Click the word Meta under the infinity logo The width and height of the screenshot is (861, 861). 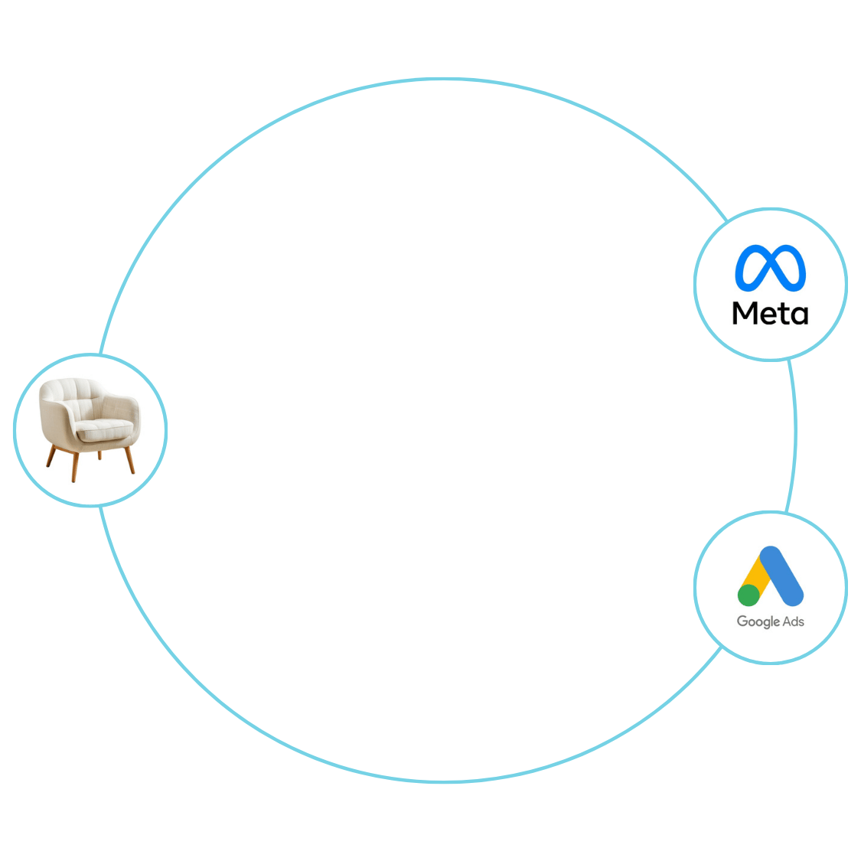(x=770, y=313)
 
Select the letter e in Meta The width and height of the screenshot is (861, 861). (x=767, y=316)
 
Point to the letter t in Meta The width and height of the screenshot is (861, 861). (x=782, y=314)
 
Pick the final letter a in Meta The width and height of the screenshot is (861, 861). (x=799, y=316)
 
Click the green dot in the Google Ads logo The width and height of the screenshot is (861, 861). (x=748, y=595)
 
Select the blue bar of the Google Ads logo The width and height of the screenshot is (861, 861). (x=781, y=576)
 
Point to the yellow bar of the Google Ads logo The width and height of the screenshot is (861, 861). (x=756, y=576)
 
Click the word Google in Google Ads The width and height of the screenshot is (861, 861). (x=758, y=621)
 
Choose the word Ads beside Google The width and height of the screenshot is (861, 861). (x=794, y=621)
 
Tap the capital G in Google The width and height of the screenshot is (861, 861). (x=742, y=621)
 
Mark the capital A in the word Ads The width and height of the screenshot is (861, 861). (x=787, y=621)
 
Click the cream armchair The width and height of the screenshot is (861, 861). (x=90, y=429)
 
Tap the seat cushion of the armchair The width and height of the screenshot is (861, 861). (x=104, y=429)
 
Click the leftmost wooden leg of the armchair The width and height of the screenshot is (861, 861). (x=51, y=456)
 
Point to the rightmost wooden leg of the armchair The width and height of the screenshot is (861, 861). (x=130, y=460)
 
